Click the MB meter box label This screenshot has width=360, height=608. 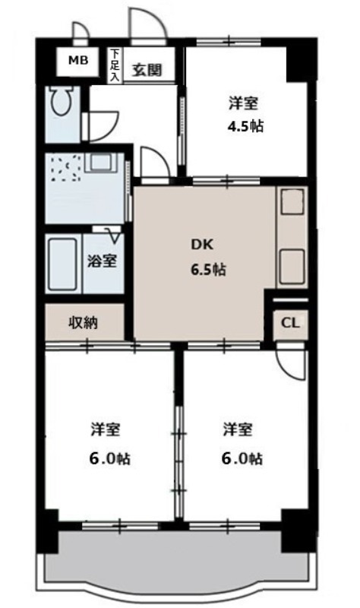pyautogui.click(x=78, y=60)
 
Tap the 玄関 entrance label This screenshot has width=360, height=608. pyautogui.click(x=147, y=70)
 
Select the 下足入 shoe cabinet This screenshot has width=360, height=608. pyautogui.click(x=115, y=65)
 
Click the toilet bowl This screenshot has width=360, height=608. pyautogui.click(x=62, y=100)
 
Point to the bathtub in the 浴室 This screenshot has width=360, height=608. pyautogui.click(x=62, y=264)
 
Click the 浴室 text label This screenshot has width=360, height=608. pyautogui.click(x=102, y=261)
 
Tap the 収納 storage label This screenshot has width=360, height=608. pyautogui.click(x=83, y=322)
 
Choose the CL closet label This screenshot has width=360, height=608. pyautogui.click(x=290, y=323)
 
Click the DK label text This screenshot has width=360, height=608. pyautogui.click(x=202, y=245)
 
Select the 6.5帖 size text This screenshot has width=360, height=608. pyautogui.click(x=207, y=270)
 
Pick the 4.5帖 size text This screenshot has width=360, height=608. pyautogui.click(x=245, y=126)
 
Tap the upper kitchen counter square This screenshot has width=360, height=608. pyautogui.click(x=292, y=201)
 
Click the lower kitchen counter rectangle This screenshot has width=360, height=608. pyautogui.click(x=292, y=267)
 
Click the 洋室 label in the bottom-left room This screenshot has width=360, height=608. pyautogui.click(x=106, y=429)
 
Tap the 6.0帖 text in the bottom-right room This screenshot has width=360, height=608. pyautogui.click(x=242, y=459)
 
